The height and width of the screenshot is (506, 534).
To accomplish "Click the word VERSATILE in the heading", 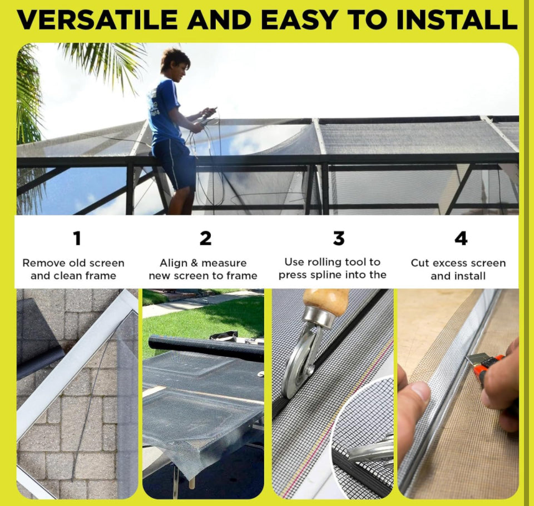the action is coord(97,20).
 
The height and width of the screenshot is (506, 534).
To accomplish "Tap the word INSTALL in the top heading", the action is coord(457,20).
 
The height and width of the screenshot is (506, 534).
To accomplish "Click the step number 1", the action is coord(77,238).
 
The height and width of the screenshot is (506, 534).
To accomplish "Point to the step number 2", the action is coord(205,238).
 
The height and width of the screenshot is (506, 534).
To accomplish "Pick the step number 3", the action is coord(339,238).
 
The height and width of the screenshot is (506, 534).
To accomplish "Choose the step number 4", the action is coord(461,238).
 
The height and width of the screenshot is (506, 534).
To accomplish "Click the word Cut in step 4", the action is coord(420,263).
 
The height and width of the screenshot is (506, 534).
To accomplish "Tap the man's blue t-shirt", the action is coord(164,111).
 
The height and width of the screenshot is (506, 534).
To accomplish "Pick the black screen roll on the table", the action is coord(206,348).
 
